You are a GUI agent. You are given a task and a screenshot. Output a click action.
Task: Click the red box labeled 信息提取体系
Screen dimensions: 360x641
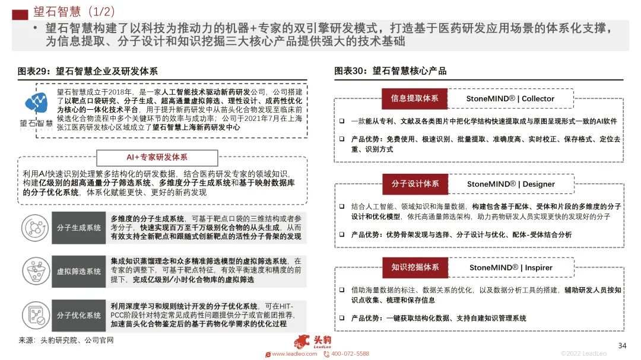pyautogui.click(x=414, y=98)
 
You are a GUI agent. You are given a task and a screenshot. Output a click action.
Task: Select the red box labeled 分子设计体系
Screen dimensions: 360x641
pyautogui.click(x=415, y=184)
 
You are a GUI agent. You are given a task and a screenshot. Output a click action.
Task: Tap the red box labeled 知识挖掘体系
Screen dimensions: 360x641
pyautogui.click(x=415, y=267)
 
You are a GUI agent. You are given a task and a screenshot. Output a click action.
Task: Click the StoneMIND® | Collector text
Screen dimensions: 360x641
pyautogui.click(x=510, y=98)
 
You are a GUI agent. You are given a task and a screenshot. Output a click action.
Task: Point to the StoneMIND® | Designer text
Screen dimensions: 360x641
pyautogui.click(x=510, y=184)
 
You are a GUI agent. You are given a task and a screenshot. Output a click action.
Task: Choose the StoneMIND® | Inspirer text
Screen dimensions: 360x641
pyautogui.click(x=510, y=267)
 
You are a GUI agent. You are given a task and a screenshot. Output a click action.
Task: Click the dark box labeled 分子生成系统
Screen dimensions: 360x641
pyautogui.click(x=78, y=228)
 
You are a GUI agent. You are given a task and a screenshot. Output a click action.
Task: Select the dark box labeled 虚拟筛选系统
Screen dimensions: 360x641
pyautogui.click(x=78, y=272)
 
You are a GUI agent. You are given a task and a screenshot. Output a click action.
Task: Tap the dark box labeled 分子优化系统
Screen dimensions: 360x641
pyautogui.click(x=78, y=315)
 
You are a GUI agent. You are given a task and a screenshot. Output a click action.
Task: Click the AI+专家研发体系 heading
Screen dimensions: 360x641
pyautogui.click(x=157, y=157)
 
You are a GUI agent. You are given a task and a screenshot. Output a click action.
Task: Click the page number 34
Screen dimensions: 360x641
pyautogui.click(x=622, y=346)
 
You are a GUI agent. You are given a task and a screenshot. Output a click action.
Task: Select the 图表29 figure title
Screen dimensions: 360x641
pyautogui.click(x=88, y=71)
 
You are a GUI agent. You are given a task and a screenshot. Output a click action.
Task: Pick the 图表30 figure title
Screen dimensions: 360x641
pyautogui.click(x=391, y=71)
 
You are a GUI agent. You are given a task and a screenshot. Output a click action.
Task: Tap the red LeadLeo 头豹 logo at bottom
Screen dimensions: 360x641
pyautogui.click(x=313, y=342)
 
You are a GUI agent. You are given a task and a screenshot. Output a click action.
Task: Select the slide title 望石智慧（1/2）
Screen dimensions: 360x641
pyautogui.click(x=74, y=11)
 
